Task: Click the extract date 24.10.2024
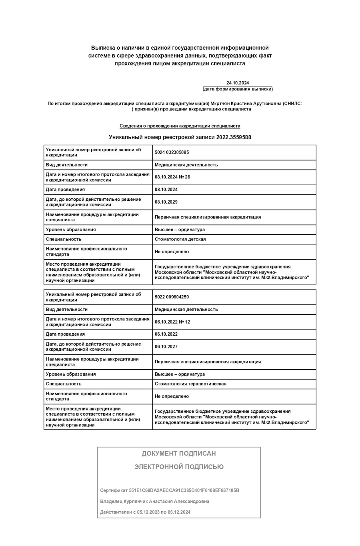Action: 238,83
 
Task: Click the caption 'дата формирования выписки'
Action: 238,89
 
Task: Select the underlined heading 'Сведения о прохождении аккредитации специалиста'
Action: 180,126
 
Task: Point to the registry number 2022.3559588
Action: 234,137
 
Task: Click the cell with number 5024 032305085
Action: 172,152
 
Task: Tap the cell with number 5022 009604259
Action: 172,297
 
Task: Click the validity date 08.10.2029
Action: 166,202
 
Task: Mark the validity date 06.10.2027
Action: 166,346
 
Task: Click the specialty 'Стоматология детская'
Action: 180,239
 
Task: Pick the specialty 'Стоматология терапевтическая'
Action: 190,384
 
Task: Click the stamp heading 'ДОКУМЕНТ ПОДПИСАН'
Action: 179,454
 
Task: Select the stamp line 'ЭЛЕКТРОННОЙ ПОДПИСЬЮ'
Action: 179,467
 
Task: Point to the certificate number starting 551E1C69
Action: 184,490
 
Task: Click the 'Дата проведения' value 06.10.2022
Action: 166,334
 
